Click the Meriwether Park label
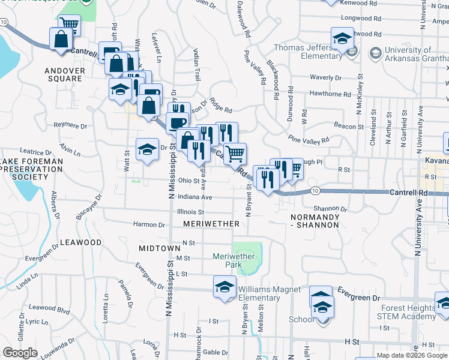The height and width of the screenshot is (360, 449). [234, 260]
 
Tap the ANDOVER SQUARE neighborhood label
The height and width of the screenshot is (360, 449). [63, 74]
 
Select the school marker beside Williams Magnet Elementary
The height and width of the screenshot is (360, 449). [224, 286]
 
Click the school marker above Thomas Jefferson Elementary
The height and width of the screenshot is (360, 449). [342, 38]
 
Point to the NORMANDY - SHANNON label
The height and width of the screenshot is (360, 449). [315, 220]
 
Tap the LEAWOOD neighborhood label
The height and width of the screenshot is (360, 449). [81, 242]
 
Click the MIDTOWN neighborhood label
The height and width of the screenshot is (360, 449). [160, 248]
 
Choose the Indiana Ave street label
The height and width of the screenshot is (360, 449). [194, 197]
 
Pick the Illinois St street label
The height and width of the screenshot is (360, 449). [191, 212]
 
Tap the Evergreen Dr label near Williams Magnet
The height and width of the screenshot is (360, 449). [359, 298]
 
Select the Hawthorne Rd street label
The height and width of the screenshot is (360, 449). [330, 94]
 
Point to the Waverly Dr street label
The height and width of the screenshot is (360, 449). [325, 77]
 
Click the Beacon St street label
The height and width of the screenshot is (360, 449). [349, 127]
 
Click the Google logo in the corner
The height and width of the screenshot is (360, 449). [20, 353]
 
